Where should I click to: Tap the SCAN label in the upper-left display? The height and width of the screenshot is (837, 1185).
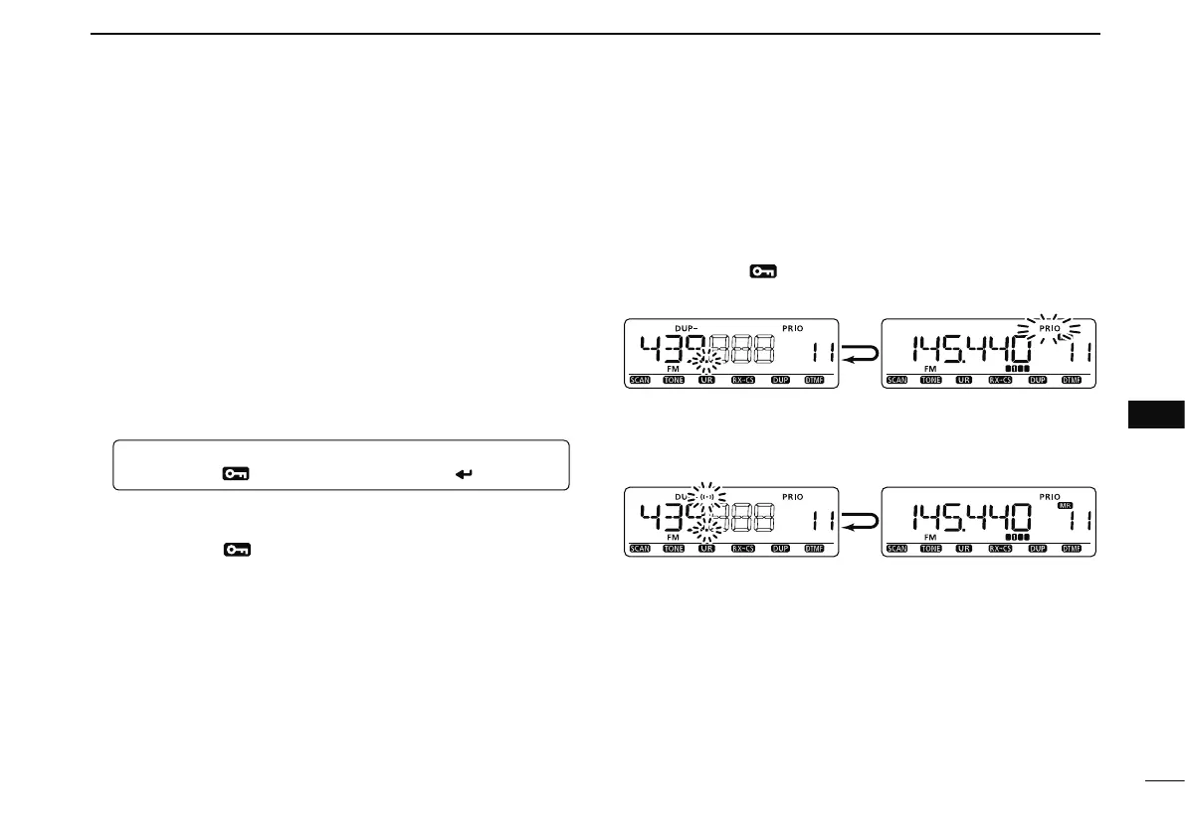click(640, 380)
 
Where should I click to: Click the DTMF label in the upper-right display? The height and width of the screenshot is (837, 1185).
click(1072, 380)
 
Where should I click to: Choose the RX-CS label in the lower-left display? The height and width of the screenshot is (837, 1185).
click(742, 549)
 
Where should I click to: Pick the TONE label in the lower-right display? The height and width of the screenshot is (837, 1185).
click(932, 549)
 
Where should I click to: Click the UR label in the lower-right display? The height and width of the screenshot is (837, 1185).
click(963, 549)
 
